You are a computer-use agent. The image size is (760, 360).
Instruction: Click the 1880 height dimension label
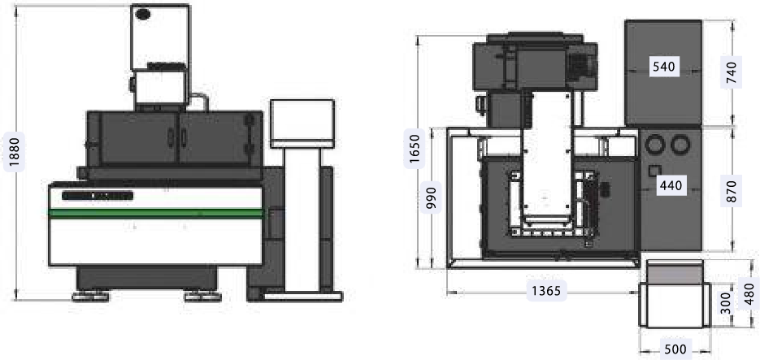(14, 153)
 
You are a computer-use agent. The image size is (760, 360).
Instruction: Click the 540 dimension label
(663, 67)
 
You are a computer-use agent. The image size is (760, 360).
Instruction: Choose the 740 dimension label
(732, 72)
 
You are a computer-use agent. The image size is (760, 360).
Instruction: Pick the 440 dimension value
(671, 184)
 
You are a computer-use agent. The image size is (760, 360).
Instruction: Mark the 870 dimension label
(732, 192)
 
